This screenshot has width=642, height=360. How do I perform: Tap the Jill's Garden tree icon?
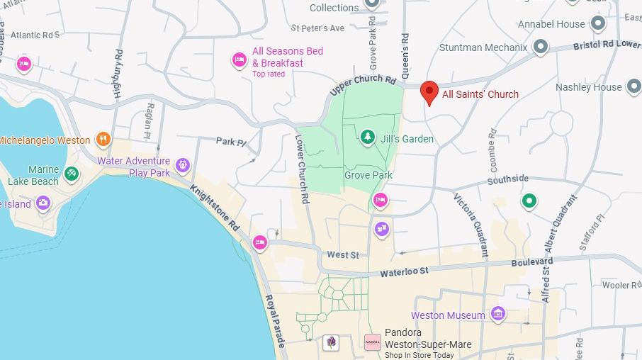(x=368, y=136)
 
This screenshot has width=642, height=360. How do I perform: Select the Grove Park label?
(x=368, y=175)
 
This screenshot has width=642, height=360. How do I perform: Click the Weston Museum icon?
(x=497, y=313)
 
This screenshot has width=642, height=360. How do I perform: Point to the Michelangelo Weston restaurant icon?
(x=103, y=139)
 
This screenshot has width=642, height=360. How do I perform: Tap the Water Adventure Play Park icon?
(x=183, y=166)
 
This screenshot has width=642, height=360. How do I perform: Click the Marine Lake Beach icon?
(x=71, y=172)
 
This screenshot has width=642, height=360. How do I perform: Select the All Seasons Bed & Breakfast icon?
(x=239, y=60)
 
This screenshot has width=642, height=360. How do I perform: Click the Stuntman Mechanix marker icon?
(x=541, y=47)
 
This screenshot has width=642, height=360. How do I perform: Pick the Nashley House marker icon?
(x=634, y=88)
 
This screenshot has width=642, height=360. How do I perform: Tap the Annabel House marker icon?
(x=598, y=24)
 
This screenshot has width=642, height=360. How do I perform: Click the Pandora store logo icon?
(x=372, y=342)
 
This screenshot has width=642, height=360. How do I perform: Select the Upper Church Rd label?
(x=362, y=84)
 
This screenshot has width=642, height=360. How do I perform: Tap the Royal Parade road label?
(x=276, y=320)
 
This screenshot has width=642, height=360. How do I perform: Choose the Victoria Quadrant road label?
(x=471, y=225)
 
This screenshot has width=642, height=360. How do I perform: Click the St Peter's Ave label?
(x=317, y=28)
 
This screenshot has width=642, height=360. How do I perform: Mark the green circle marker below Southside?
(x=529, y=201)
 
